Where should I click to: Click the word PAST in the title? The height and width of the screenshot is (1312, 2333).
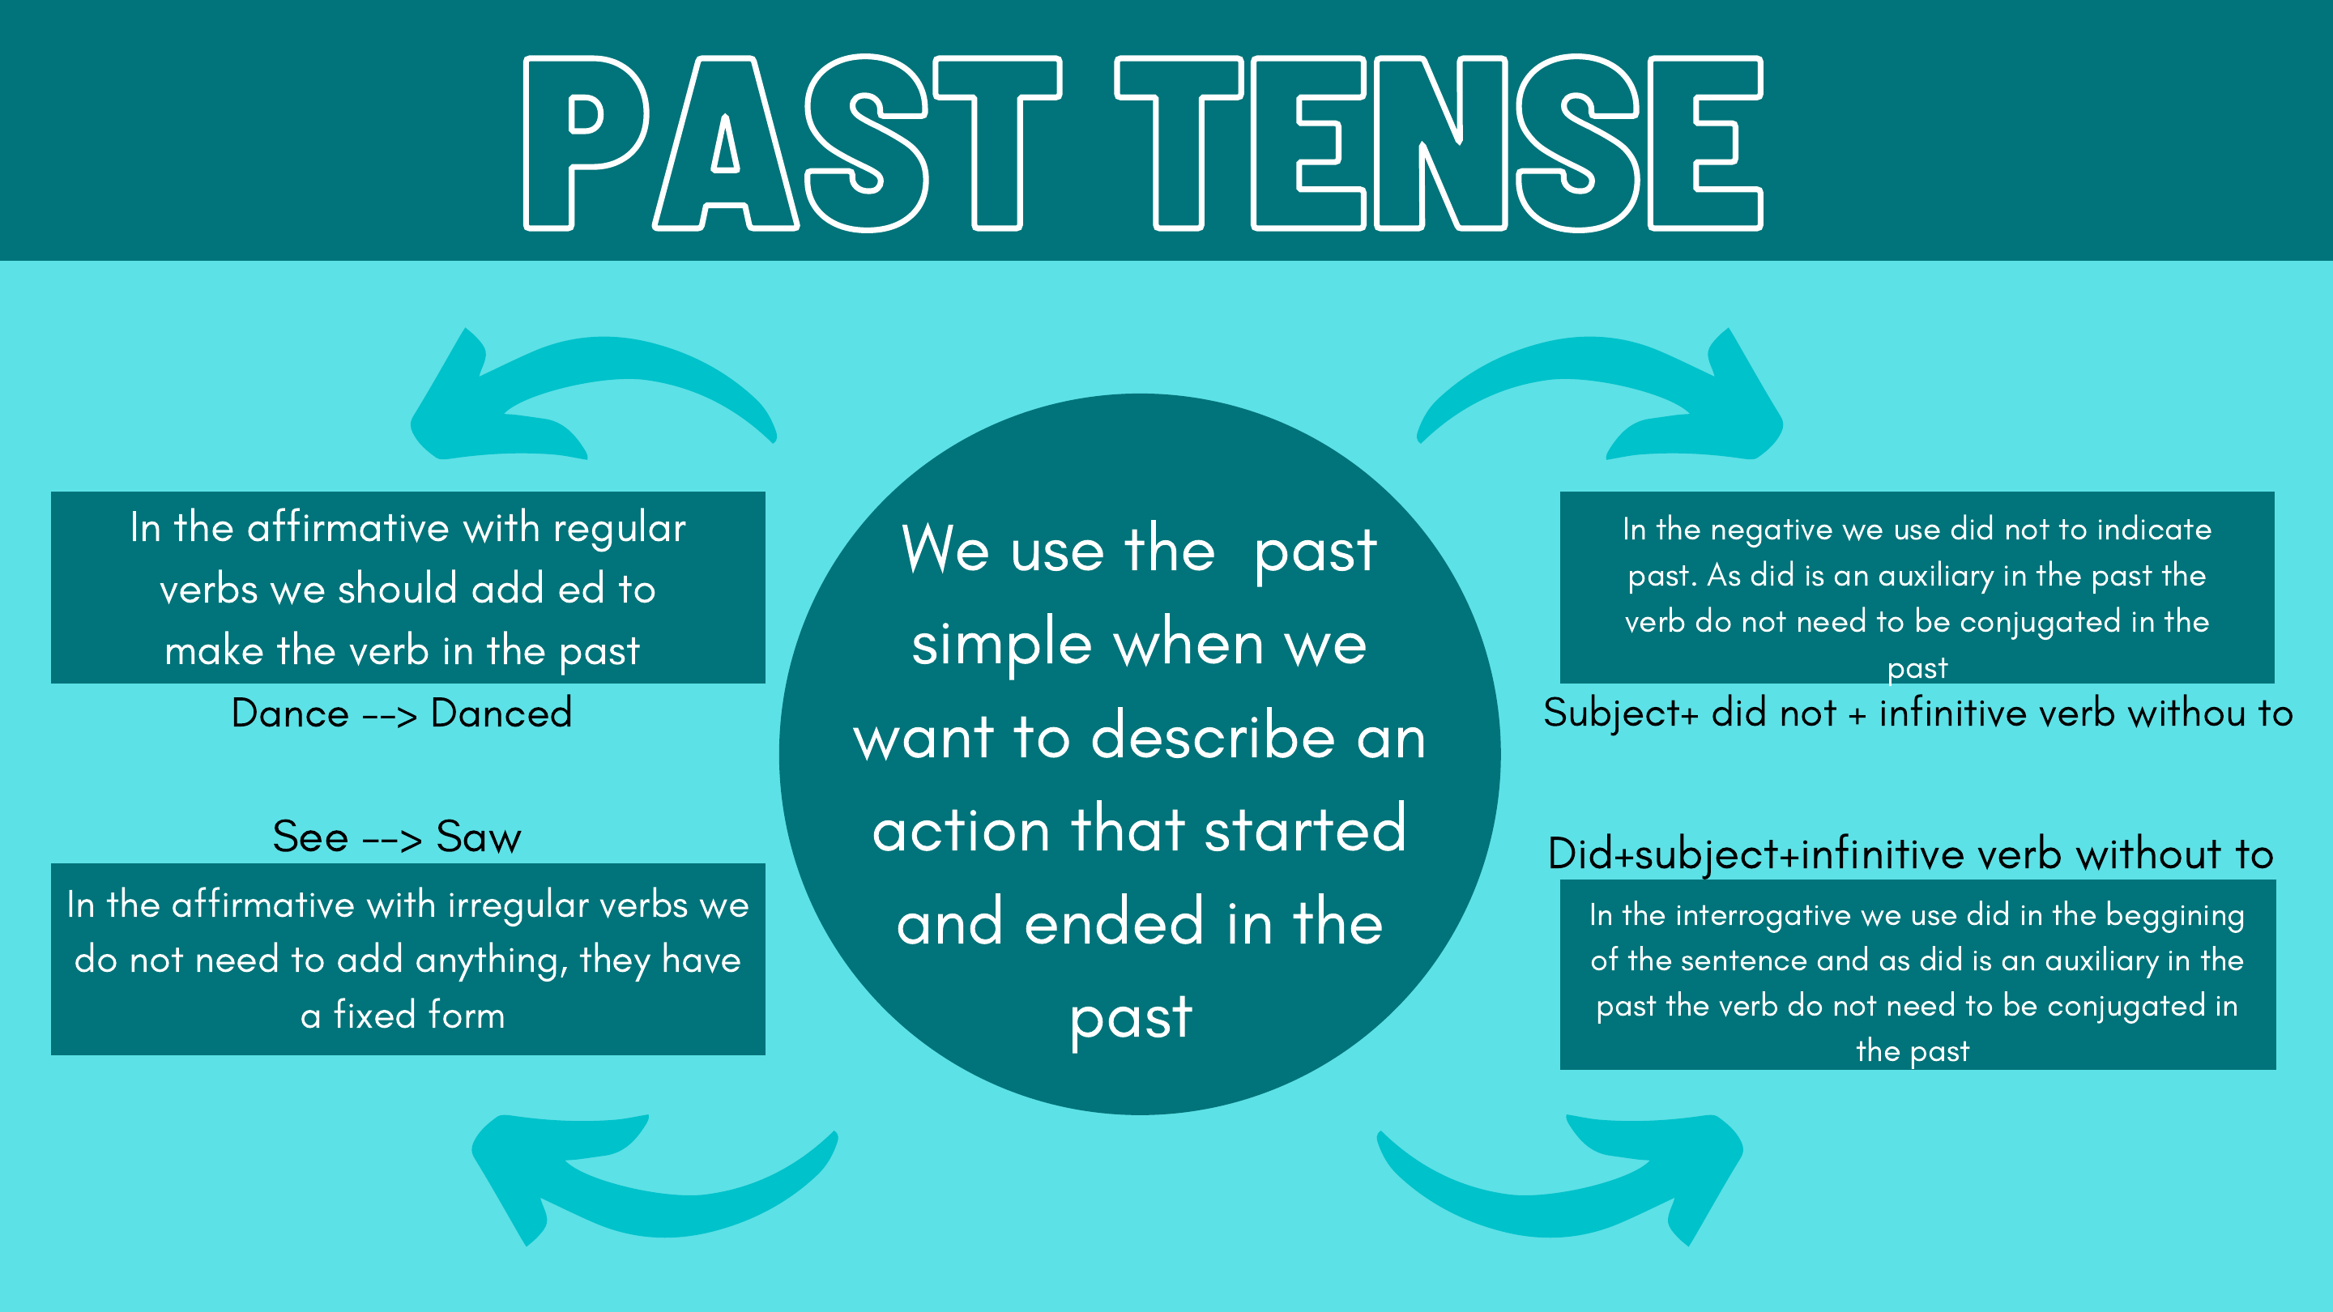[792, 143]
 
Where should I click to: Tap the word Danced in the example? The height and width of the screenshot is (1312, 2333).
[501, 714]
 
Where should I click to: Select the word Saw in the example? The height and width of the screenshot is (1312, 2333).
[478, 837]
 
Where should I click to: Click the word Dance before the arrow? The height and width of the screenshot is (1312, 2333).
[290, 714]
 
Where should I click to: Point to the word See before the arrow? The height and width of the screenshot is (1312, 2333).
[309, 837]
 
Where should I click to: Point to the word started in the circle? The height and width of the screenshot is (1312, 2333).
[1305, 829]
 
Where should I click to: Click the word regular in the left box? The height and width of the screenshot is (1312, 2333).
[620, 529]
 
